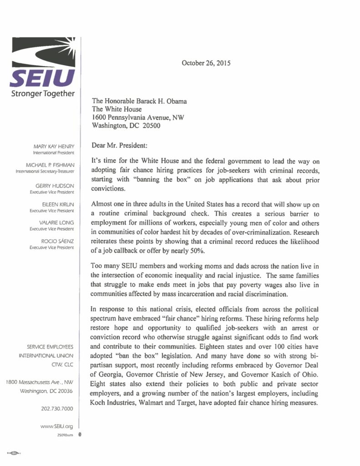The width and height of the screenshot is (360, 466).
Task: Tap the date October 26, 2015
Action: tap(206, 63)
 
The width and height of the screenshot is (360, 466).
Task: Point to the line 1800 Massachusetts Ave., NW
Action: tap(39, 381)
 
